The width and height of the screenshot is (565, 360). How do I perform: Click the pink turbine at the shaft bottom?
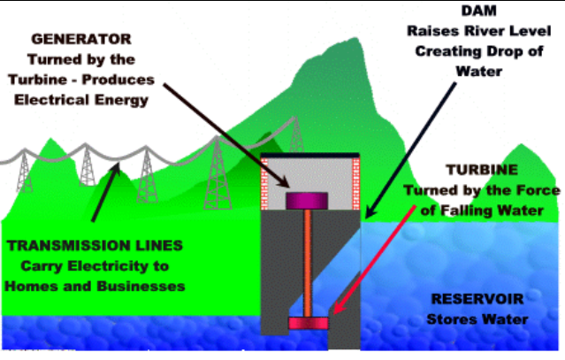306,323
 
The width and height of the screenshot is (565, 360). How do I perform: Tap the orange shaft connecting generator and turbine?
306,261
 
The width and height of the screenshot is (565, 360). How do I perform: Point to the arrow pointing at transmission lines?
103,189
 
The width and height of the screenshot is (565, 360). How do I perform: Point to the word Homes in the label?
32,286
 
